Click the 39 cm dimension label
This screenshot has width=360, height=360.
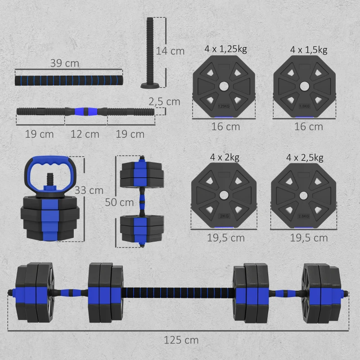(64, 63)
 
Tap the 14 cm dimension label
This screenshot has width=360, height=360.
(170, 51)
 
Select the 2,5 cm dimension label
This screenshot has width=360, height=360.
(165, 102)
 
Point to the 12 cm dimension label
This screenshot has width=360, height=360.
(85, 134)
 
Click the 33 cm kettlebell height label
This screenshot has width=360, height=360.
(89, 190)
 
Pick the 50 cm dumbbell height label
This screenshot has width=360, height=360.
(119, 202)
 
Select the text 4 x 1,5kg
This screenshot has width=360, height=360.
(305, 49)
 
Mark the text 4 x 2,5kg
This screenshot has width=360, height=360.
(305, 157)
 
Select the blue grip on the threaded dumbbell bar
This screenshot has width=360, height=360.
(85, 110)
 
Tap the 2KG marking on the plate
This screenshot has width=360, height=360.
(224, 216)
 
